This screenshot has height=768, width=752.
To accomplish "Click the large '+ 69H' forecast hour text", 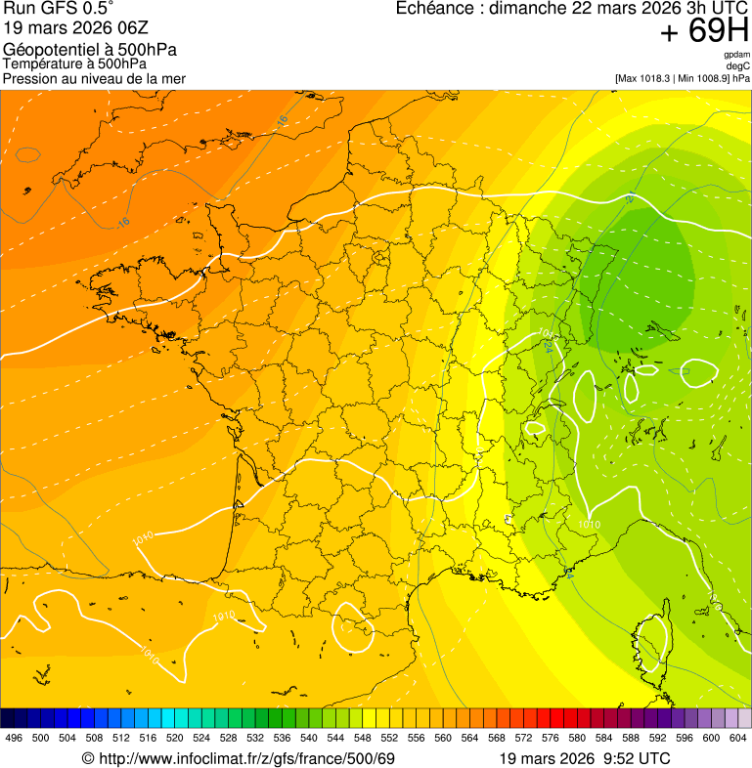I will coord(704,32).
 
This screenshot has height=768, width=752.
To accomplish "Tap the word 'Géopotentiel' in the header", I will coord(48,50).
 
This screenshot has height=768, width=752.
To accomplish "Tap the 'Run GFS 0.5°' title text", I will coord(58,10).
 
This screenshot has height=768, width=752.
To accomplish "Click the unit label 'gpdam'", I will coord(737,55).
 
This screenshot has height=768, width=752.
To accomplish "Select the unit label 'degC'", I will coord(739,65).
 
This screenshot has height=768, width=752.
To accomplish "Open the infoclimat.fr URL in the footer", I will coord(245,758).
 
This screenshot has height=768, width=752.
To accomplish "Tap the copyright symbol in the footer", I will coord(87,758).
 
